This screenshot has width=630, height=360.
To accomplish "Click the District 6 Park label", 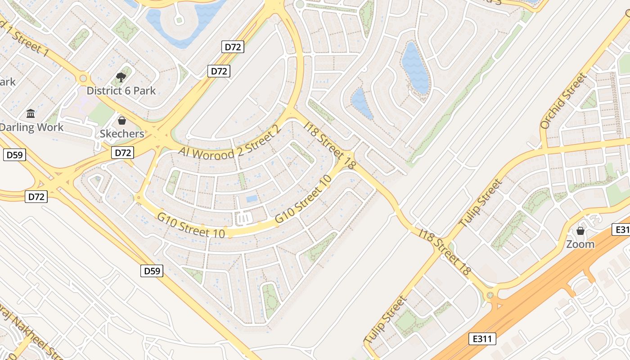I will point(121,90).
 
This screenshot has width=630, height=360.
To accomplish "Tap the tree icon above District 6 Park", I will point(121,77).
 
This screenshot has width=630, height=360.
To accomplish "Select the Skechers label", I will point(122,134).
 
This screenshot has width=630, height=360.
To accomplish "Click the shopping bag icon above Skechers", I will point(121,121).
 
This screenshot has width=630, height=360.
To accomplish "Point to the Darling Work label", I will point(31,127).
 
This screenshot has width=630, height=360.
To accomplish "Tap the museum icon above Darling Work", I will point(31,113).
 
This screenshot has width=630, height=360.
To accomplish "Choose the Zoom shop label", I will point(580,244).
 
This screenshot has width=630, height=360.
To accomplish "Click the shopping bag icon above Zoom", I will point(580,231).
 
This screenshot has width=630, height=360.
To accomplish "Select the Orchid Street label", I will point(564,101).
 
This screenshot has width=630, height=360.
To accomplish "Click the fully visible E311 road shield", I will point(482,339).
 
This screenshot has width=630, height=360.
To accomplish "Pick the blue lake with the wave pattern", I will point(415,67).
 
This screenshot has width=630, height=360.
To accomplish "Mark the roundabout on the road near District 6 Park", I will point(83,79).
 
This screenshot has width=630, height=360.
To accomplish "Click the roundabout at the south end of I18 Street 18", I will point(490,295).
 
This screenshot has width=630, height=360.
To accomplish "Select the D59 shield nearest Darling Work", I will point(15,155).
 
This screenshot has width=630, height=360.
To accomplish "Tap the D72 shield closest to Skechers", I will point(122,153).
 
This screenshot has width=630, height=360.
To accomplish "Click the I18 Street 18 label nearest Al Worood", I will point(330,145).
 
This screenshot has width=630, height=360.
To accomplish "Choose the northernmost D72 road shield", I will point(233,47).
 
